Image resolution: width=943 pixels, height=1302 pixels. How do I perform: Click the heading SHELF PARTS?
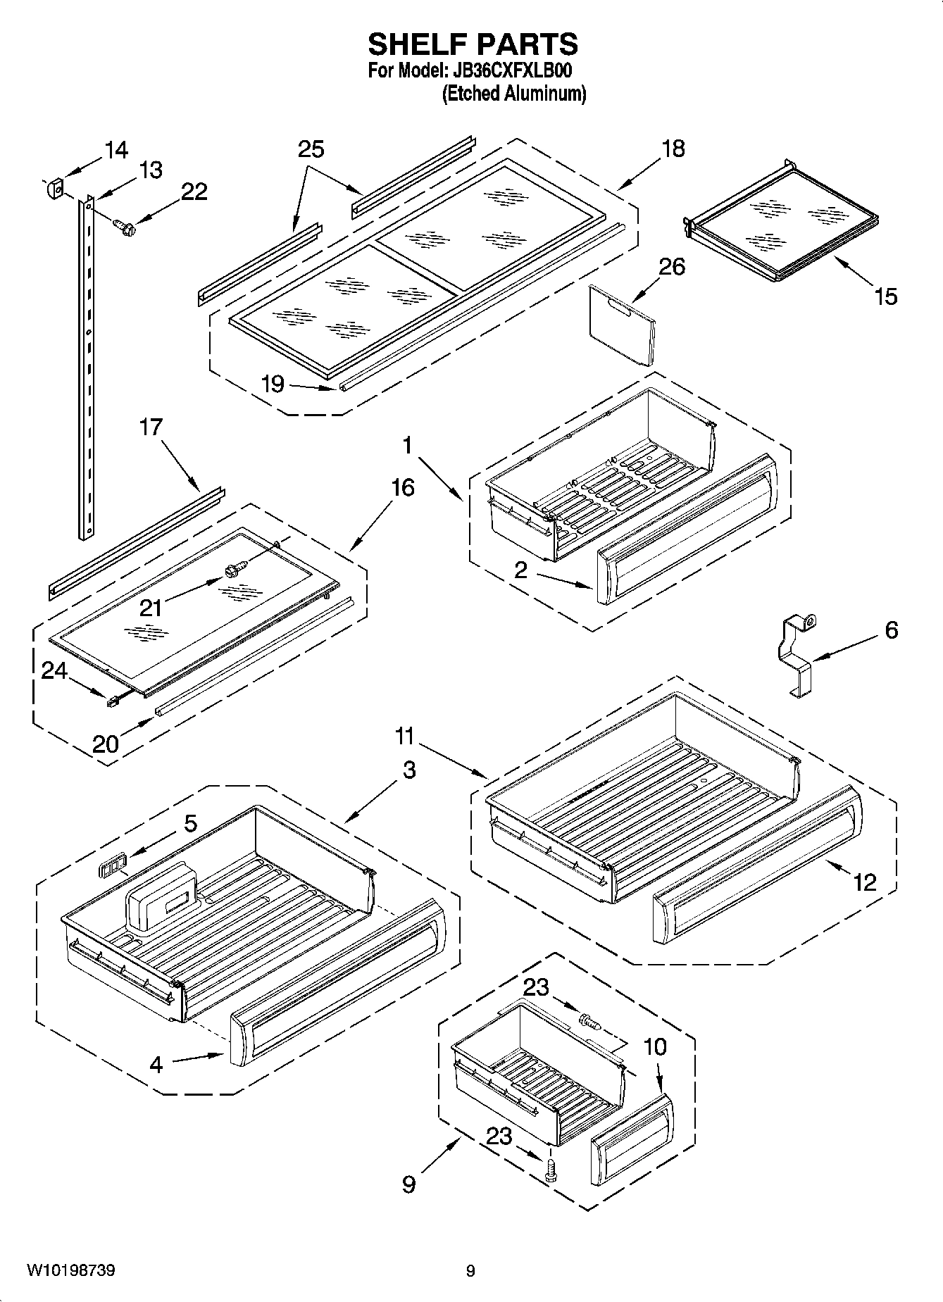(x=473, y=44)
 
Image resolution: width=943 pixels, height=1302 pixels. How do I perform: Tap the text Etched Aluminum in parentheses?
(x=513, y=93)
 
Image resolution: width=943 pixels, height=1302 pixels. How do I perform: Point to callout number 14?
(x=116, y=149)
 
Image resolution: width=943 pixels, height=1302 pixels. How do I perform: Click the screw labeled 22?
(x=125, y=226)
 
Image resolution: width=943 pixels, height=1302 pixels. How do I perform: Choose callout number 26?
(x=671, y=267)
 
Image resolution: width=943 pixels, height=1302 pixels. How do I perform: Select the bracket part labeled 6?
(x=799, y=656)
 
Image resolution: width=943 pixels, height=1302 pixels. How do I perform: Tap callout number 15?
(x=886, y=296)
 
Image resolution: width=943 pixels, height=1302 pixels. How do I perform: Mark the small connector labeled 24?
(x=111, y=701)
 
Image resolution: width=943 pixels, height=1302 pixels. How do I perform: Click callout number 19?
(x=272, y=384)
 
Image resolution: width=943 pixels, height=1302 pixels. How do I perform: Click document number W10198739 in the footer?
(x=71, y=1270)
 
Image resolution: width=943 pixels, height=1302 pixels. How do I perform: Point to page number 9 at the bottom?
(x=470, y=1271)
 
